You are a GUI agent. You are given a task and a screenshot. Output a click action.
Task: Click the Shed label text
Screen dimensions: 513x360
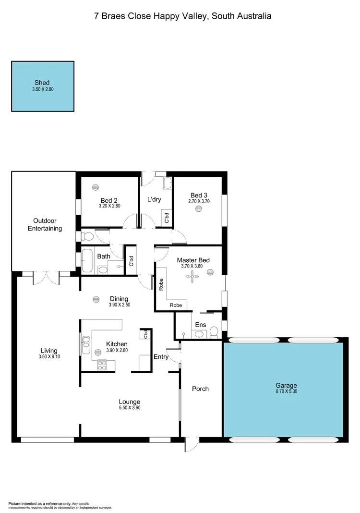(42, 83)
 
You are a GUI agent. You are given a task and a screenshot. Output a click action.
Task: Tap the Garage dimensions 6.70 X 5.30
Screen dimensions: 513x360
(286, 392)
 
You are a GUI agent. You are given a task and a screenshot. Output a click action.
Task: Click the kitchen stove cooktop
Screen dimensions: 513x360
(102, 365)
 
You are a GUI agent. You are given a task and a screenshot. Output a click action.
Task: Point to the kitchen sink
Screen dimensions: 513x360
(86, 342)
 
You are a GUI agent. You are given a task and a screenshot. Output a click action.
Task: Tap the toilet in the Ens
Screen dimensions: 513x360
(214, 331)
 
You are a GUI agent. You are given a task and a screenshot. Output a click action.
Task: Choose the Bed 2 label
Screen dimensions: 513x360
(109, 200)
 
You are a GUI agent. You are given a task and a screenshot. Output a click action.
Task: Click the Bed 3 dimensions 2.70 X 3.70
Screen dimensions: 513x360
(199, 201)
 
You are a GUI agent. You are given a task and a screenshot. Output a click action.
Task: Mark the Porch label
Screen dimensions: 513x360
(200, 389)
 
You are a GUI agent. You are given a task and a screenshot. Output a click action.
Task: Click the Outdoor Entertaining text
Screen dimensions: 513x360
(45, 225)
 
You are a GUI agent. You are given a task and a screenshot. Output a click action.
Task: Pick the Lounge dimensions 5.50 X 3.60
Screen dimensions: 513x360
(130, 408)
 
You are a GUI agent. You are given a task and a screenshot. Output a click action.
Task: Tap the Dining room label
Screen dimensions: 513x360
(119, 299)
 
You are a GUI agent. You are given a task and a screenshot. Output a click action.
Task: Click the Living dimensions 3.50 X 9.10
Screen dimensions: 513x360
(49, 357)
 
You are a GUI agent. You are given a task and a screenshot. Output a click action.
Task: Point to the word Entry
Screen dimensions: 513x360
(161, 356)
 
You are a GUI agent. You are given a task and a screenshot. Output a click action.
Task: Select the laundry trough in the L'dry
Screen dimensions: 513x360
(167, 183)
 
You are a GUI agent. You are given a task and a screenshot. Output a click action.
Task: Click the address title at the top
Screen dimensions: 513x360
(183, 16)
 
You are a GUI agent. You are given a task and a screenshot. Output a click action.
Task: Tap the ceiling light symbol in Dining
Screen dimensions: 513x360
(96, 299)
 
